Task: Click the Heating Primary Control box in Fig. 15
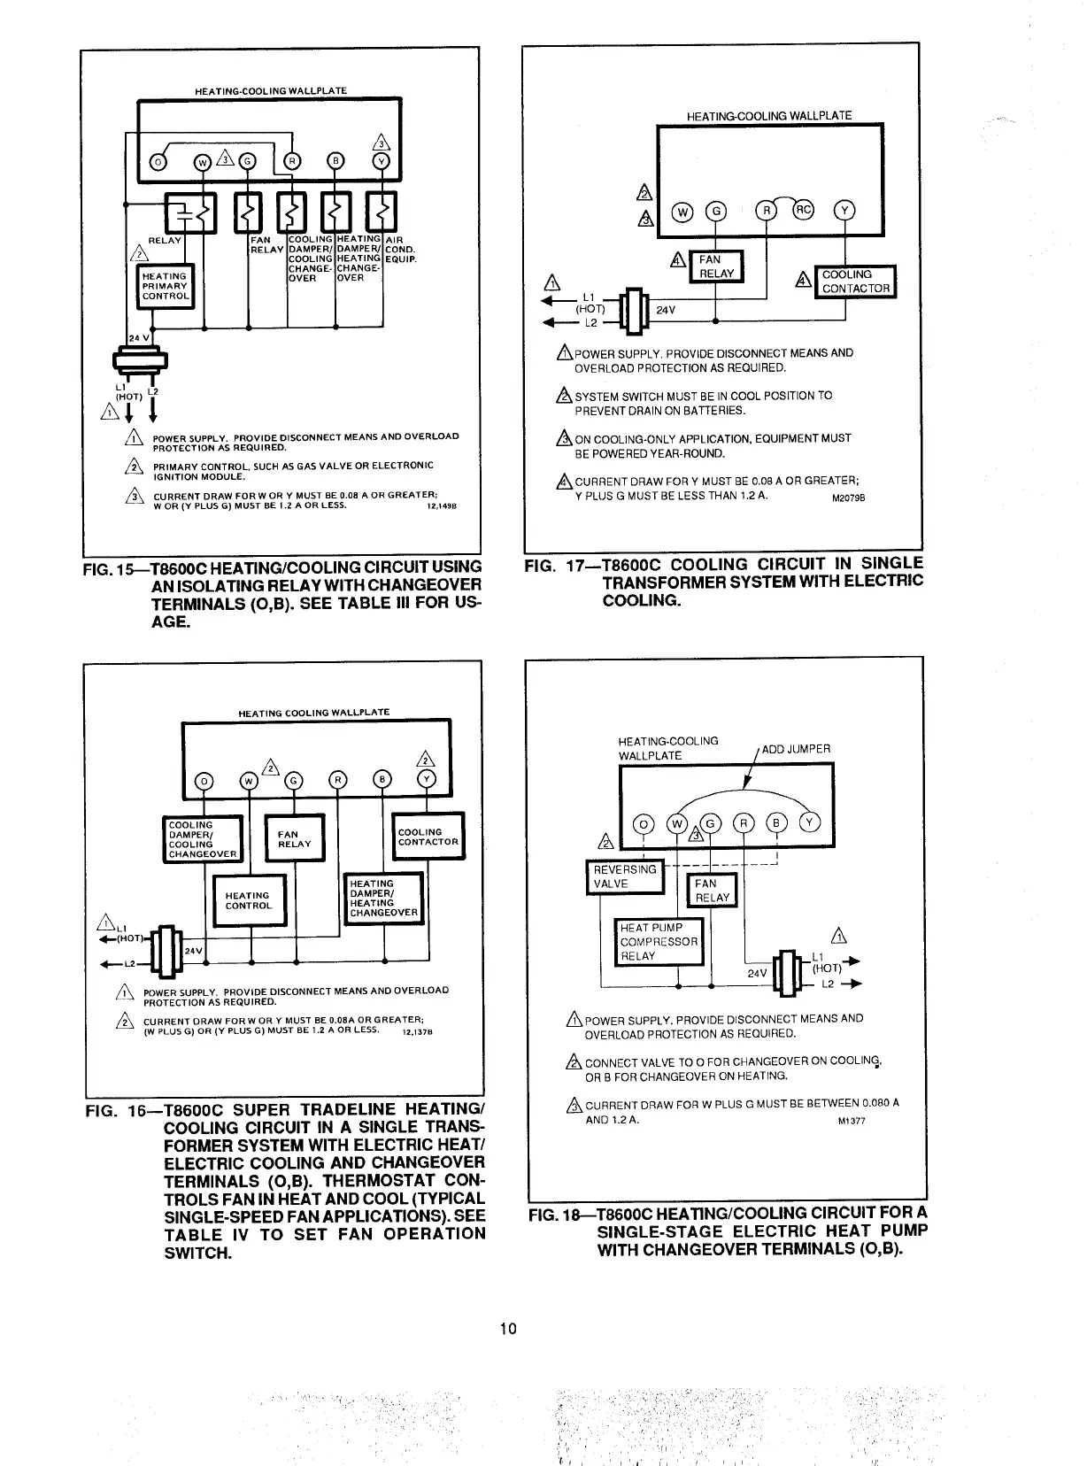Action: tap(165, 286)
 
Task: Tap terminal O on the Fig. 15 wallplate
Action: tap(159, 162)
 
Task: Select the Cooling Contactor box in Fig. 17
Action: tap(855, 282)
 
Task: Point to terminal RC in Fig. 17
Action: tap(802, 211)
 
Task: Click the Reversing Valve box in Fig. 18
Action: tap(625, 876)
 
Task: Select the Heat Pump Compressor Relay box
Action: tap(659, 942)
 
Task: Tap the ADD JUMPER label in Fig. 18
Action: tap(796, 749)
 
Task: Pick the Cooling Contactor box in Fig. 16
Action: tap(428, 837)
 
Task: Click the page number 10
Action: tap(508, 1328)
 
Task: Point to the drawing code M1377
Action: tap(851, 1121)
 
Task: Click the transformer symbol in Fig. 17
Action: tap(634, 310)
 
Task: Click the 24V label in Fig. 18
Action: tap(757, 973)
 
